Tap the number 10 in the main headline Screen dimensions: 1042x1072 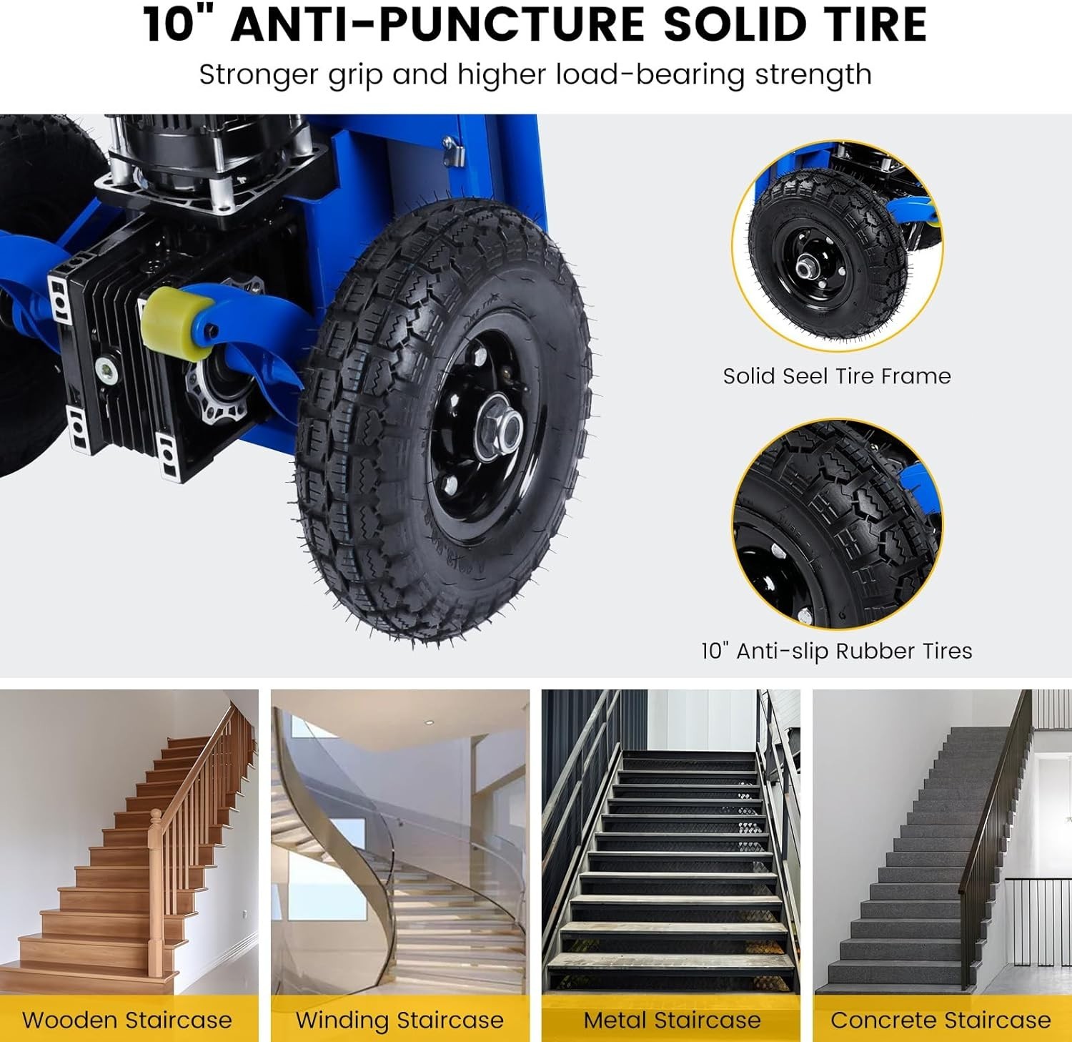169,24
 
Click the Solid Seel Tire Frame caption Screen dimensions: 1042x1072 837,376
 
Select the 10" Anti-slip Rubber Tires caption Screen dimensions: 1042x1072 837,651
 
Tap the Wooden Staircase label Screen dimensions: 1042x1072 127,1020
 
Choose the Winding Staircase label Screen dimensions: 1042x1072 399,1020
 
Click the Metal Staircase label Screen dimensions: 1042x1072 672,1020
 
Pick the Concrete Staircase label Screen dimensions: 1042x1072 941,1020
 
